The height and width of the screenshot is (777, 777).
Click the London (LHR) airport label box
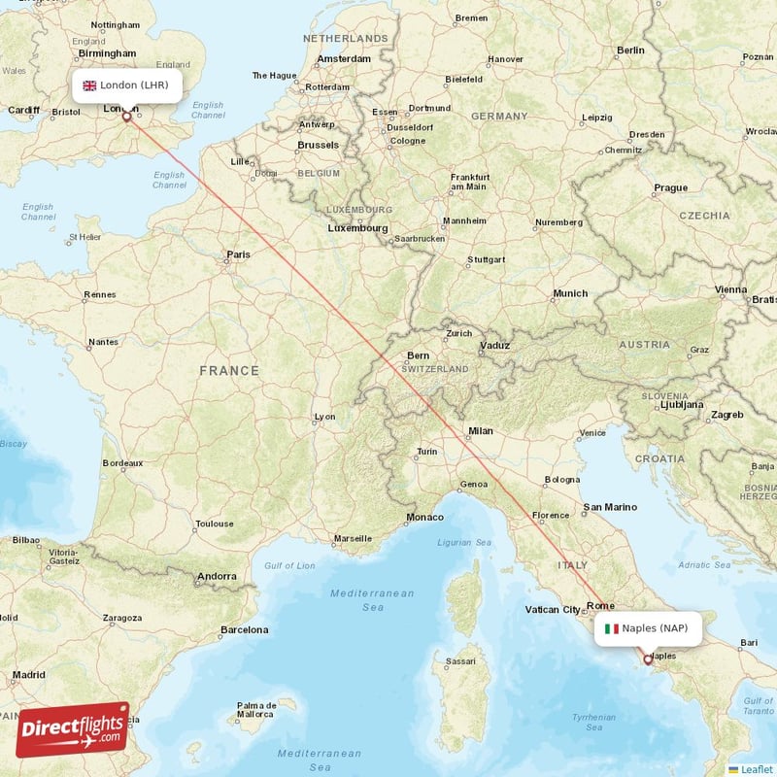coord(126,85)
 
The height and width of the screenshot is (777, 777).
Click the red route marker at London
coord(126,117)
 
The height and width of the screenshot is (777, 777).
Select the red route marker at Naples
coord(648,659)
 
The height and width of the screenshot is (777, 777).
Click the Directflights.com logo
coord(73,729)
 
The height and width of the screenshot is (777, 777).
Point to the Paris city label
coord(238,254)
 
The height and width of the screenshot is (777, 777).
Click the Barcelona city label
coord(244,629)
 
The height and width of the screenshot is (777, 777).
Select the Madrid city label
coord(28,674)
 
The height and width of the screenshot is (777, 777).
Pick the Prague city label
coord(670,187)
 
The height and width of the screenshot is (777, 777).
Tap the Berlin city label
coord(629,50)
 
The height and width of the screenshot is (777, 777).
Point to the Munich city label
coord(570,293)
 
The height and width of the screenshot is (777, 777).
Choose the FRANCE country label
coord(229,370)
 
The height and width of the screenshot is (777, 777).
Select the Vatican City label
coord(552,609)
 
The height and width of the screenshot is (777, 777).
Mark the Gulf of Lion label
coord(289,565)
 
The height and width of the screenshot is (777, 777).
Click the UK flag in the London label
coord(89,85)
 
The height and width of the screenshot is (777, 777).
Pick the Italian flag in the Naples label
coord(611,628)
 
